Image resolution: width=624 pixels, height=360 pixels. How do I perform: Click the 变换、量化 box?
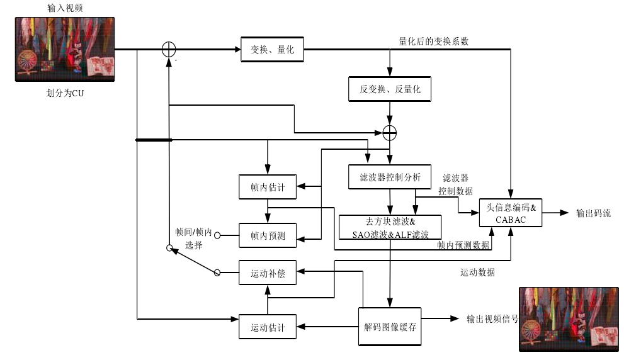click(272, 50)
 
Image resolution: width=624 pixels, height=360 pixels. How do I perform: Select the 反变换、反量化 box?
click(390, 89)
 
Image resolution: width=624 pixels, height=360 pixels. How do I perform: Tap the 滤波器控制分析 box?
click(390, 177)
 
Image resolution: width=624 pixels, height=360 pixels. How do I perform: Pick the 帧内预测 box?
click(268, 236)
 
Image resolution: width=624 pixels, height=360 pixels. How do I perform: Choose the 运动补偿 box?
click(268, 273)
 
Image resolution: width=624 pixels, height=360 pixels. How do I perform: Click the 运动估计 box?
click(268, 327)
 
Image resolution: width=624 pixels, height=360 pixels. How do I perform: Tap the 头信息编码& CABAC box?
click(511, 213)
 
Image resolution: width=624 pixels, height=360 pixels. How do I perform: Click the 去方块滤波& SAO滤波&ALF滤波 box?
click(390, 227)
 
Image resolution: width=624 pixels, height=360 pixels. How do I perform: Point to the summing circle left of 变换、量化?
click(168, 50)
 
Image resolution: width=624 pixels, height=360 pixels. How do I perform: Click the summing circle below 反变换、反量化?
click(390, 132)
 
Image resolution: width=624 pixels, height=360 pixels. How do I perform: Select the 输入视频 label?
click(65, 8)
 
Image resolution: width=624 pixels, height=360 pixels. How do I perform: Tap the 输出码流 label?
click(593, 213)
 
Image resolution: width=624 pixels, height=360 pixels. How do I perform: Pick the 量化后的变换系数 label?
click(433, 41)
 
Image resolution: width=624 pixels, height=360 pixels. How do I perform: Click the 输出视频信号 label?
click(492, 318)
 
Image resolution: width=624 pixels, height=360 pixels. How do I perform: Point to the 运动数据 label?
click(477, 273)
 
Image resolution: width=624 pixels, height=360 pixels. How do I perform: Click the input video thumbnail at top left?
click(66, 49)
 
